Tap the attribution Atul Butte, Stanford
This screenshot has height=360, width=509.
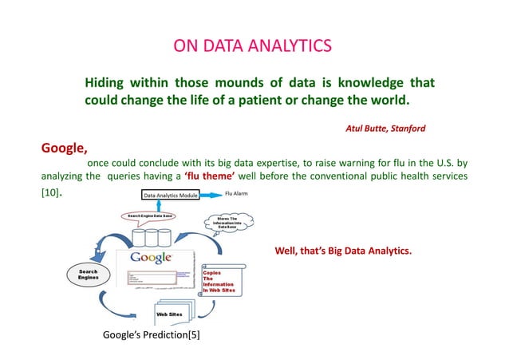(x=385, y=128)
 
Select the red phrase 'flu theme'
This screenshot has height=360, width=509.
(x=210, y=176)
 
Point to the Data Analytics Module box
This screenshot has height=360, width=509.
(x=170, y=195)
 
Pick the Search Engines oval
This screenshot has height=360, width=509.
(x=89, y=275)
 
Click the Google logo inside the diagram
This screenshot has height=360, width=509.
(x=151, y=258)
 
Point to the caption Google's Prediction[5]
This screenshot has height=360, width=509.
(x=152, y=334)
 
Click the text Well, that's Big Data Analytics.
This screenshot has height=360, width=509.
(x=343, y=252)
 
